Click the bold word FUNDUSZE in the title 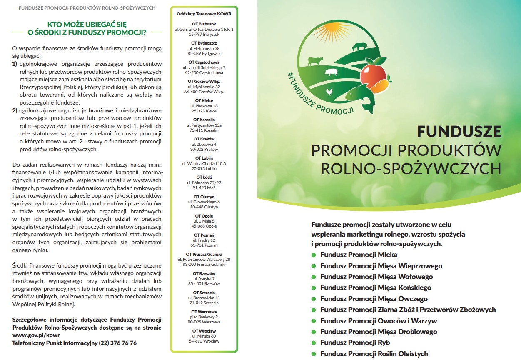(x=459, y=132)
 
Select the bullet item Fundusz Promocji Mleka (x=359, y=255)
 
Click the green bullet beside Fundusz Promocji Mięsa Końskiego (x=314, y=288)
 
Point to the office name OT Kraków (x=204, y=139)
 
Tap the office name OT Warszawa (x=204, y=312)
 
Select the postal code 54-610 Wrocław (x=204, y=341)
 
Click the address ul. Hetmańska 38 (x=204, y=48)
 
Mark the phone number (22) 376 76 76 (x=118, y=343)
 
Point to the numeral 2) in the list (x=15, y=110)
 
